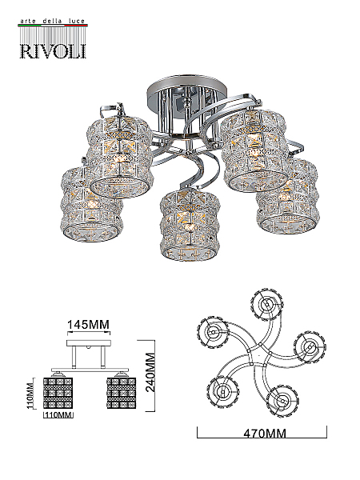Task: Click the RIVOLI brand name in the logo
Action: (53, 51)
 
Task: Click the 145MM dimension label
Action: (88, 324)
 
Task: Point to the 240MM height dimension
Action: (150, 372)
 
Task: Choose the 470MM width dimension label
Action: (265, 434)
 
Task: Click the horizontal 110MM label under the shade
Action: (58, 414)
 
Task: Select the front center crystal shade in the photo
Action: (190, 225)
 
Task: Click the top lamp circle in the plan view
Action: (267, 304)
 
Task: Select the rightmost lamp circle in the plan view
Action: (310, 346)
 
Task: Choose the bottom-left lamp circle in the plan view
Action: (222, 391)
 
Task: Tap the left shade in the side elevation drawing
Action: (58, 393)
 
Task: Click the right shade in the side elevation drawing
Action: (122, 393)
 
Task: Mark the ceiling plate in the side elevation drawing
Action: (88, 343)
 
